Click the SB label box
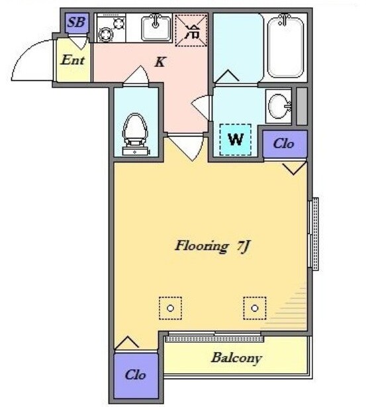77,23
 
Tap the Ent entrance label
73,60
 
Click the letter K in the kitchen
160,62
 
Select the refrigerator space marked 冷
191,30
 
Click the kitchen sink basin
156,28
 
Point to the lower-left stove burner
106,34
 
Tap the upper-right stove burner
118,24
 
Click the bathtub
285,46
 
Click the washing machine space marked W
236,140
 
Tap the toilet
135,134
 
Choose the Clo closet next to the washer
285,144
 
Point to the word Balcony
236,358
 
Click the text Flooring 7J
212,246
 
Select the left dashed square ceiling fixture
170,308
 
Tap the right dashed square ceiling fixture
255,308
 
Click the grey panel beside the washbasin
302,106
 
